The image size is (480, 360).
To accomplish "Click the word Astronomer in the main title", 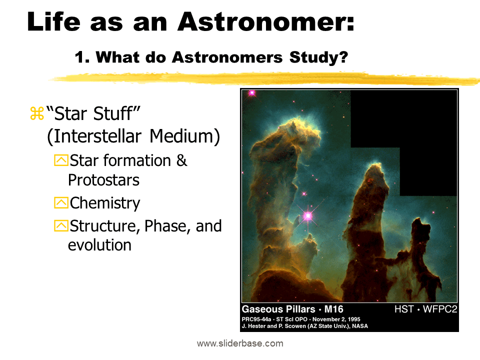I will (267, 22).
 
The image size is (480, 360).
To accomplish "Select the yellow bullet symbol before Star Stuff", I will (36, 114).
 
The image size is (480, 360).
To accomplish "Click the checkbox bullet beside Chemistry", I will (60, 203).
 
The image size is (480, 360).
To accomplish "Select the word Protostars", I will (103, 179).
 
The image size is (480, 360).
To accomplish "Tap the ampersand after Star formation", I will (182, 160).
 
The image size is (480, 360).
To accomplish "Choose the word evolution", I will (99, 245).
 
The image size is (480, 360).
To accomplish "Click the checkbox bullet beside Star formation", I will (60, 161).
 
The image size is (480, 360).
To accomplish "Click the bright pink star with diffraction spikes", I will (307, 216).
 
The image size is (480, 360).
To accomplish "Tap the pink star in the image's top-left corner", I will (251, 92).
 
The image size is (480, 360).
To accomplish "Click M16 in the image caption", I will (331, 309).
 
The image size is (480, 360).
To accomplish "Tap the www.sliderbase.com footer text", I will (240, 343).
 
